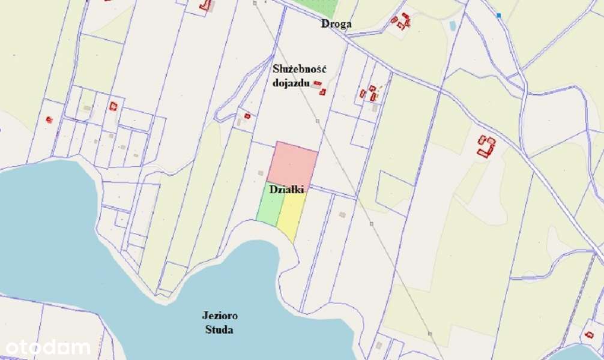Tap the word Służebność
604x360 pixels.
tap(299, 70)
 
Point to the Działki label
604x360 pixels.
tap(286, 190)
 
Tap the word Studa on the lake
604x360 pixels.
tap(217, 330)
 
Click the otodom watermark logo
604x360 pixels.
tap(48, 347)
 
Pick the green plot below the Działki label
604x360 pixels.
tap(270, 208)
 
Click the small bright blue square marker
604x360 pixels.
tap(498, 15)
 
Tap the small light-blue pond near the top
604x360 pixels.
tap(452, 26)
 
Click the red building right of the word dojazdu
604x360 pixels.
tap(322, 92)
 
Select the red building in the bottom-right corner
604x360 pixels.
tap(589, 334)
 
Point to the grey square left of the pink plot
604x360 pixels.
tap(261, 173)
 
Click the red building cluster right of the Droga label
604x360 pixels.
tap(401, 21)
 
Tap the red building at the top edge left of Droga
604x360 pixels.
tap(207, 5)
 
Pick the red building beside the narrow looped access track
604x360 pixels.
tap(247, 116)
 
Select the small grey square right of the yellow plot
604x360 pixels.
tap(342, 214)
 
